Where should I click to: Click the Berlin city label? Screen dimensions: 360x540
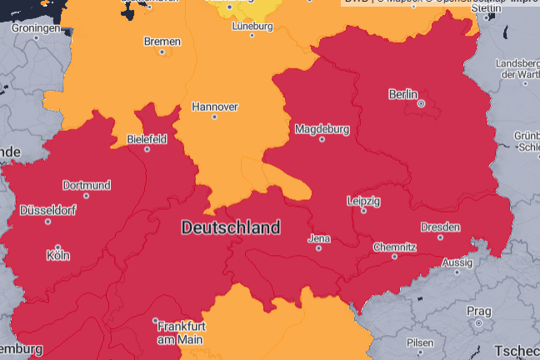(403, 94)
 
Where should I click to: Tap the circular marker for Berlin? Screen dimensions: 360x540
(421, 104)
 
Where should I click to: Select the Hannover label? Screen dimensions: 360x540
(215, 107)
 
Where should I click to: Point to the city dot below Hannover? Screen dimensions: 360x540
(214, 117)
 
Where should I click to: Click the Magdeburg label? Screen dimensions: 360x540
(321, 129)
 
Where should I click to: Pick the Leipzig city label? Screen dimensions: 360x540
(363, 201)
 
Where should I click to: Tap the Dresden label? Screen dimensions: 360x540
(440, 227)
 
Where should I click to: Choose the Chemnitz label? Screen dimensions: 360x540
(394, 247)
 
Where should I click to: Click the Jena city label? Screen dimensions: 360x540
(319, 238)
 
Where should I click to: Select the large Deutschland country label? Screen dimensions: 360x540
(231, 227)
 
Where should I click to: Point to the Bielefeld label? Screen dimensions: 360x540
(147, 139)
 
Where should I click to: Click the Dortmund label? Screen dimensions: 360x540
(87, 184)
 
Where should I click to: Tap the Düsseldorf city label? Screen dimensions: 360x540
(47, 211)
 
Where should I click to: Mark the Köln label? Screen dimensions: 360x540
(57, 256)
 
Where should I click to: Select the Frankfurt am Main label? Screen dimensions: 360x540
(182, 333)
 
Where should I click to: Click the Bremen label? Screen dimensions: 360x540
(162, 41)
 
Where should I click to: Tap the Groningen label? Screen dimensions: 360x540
(36, 28)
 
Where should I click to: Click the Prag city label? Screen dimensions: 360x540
(479, 312)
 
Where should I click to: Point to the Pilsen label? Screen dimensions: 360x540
(419, 343)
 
